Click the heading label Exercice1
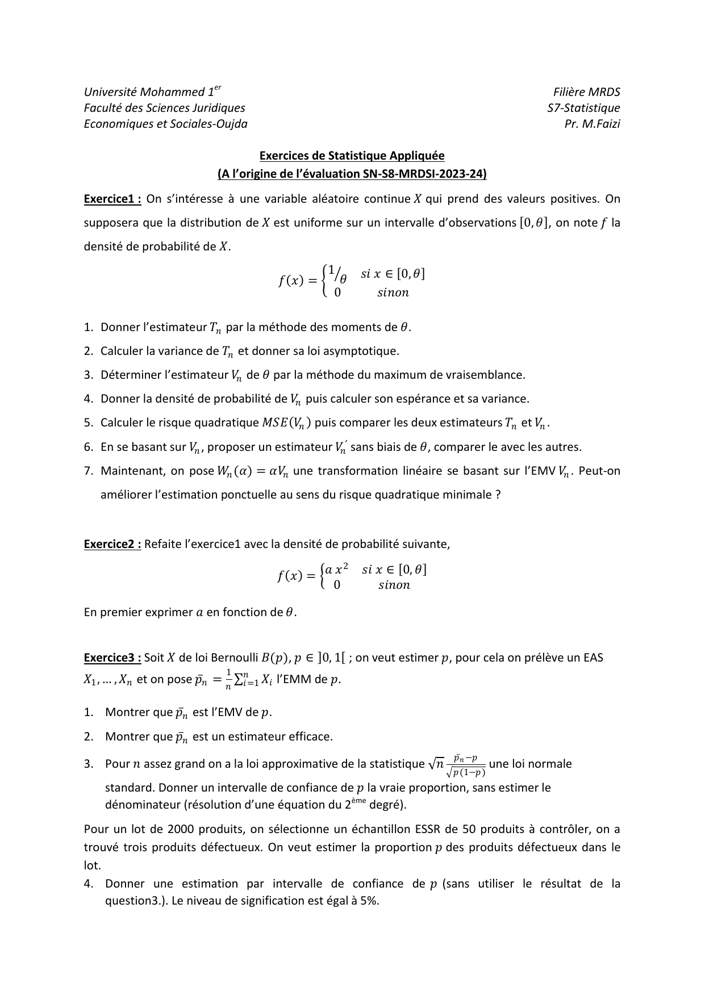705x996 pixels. click(112, 199)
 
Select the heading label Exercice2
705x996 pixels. click(112, 544)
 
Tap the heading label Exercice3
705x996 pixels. click(112, 658)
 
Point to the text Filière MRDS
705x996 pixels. click(587, 92)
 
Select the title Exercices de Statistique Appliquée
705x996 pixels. click(352, 156)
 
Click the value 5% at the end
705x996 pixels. click(369, 901)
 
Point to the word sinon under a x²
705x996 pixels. click(394, 585)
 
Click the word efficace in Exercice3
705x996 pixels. click(311, 736)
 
